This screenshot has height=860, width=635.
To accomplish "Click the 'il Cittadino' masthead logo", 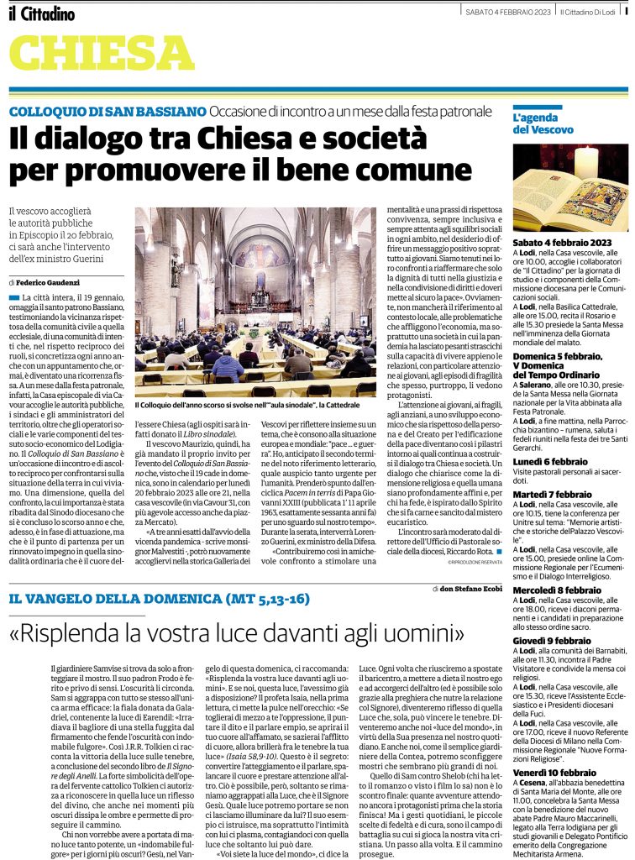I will pos(42,13).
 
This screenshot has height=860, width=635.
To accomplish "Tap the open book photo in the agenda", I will pos(570,187).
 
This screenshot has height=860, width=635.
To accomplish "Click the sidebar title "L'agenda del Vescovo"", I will pos(543,123).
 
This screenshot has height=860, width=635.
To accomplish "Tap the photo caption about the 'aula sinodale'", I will pos(255,406).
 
